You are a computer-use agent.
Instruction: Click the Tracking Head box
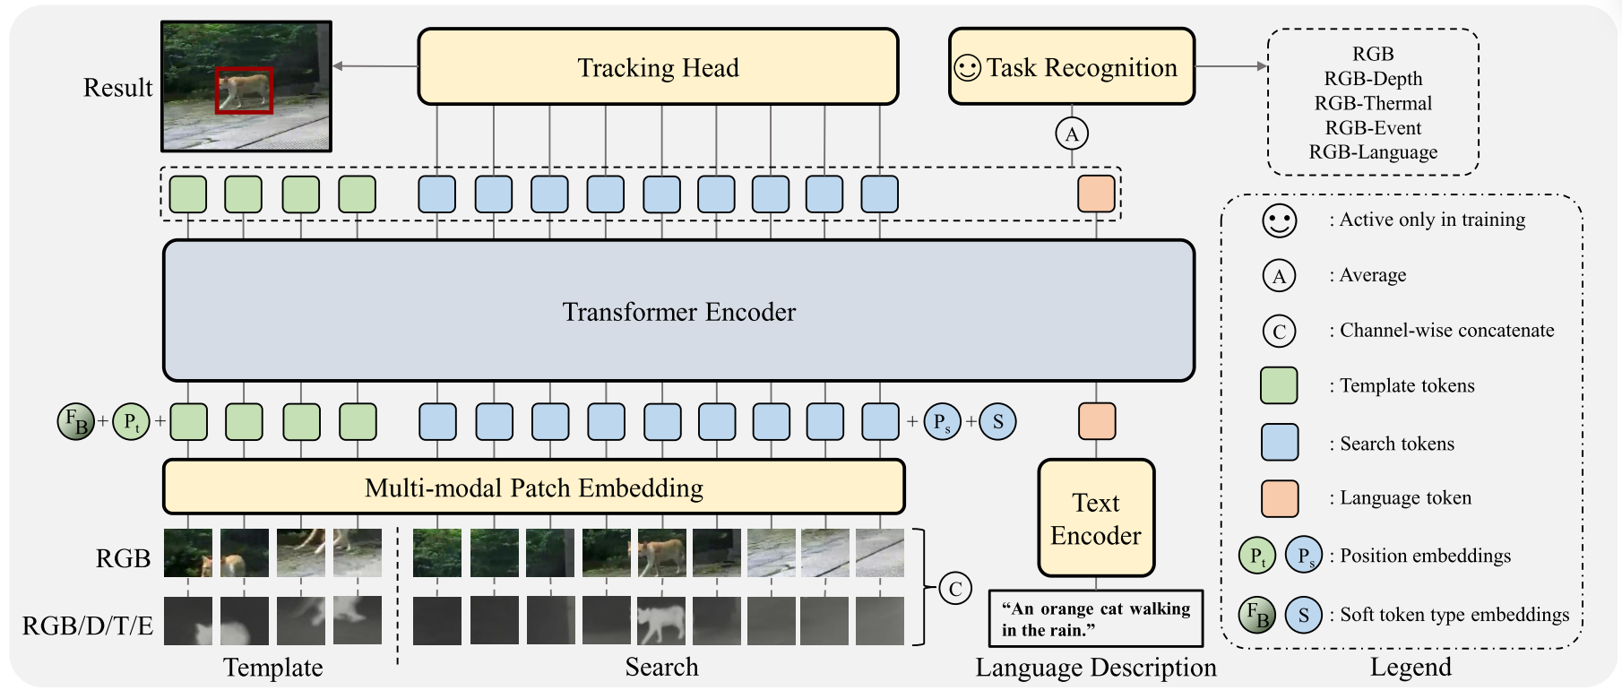point(658,67)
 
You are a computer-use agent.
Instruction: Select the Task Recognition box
point(1071,67)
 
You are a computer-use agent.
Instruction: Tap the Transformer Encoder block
point(678,311)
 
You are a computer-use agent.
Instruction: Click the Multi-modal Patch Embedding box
point(533,488)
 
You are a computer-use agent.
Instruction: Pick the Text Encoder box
point(1095,519)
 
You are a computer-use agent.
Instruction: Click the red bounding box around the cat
point(244,91)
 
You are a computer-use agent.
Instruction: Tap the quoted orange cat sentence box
point(1095,618)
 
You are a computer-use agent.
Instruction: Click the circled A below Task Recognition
point(1072,134)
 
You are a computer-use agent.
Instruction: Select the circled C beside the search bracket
point(955,589)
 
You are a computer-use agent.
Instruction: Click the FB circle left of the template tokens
point(76,421)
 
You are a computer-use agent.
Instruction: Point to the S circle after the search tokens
point(997,421)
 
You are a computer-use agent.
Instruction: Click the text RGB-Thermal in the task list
point(1373,103)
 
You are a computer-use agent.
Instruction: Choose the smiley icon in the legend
point(1279,220)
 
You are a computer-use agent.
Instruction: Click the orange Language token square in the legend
point(1279,498)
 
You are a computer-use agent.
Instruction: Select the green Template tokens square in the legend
point(1279,385)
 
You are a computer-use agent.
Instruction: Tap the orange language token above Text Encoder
point(1096,421)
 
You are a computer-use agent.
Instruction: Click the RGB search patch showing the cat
point(661,553)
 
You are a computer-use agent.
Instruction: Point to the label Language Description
point(1095,668)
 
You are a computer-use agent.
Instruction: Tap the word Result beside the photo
point(117,88)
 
